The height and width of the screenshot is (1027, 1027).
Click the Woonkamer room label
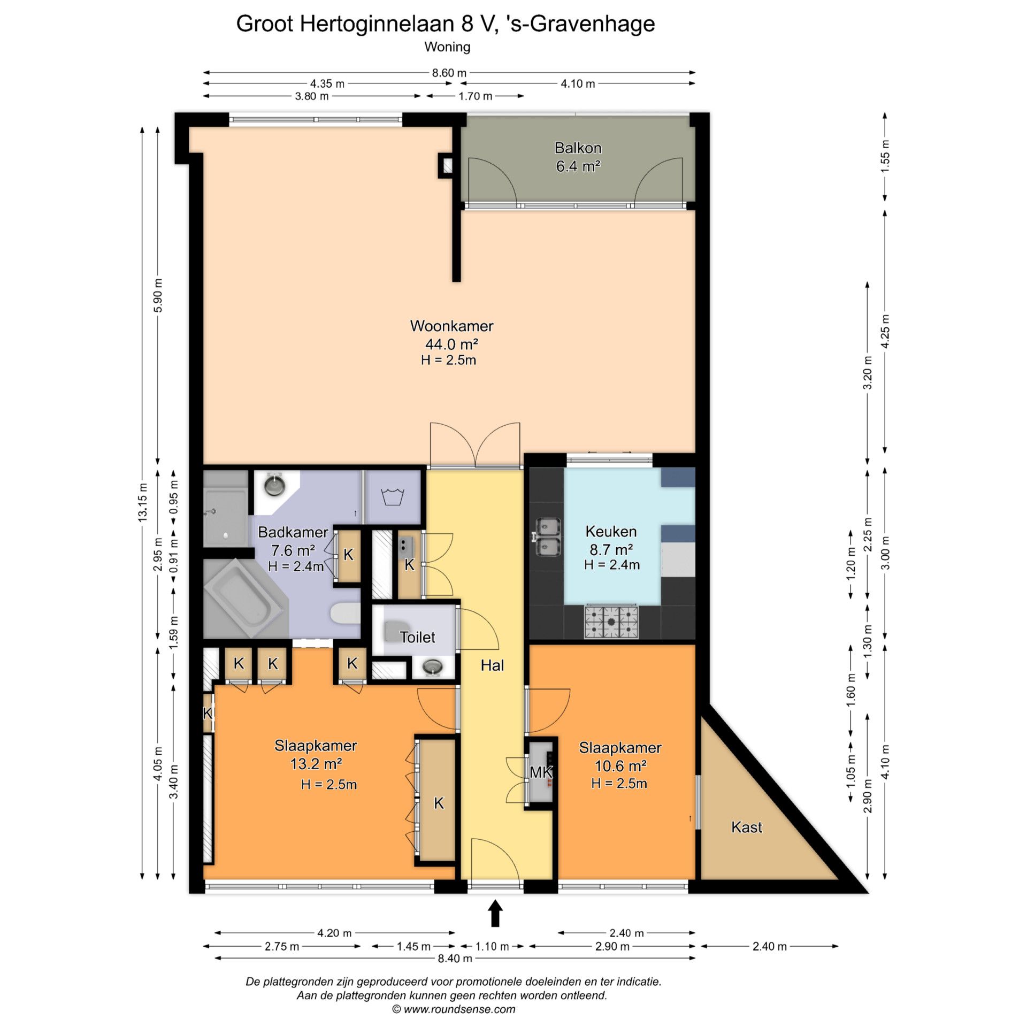[x=451, y=326]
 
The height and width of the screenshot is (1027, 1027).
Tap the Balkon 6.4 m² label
[x=578, y=157]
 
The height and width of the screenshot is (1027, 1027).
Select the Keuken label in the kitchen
[x=611, y=531]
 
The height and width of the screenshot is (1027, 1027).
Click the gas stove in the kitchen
[x=612, y=622]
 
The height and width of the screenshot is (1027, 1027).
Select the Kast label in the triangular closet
[x=746, y=827]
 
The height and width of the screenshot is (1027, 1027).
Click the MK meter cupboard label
[x=541, y=772]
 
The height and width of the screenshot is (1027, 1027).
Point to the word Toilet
[x=417, y=637]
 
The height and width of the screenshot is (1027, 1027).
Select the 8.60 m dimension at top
[x=449, y=73]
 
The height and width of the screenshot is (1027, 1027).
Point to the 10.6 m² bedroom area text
[x=620, y=766]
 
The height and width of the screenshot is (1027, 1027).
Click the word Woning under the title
[x=447, y=47]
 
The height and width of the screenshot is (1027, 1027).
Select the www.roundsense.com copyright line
[x=454, y=1009]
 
